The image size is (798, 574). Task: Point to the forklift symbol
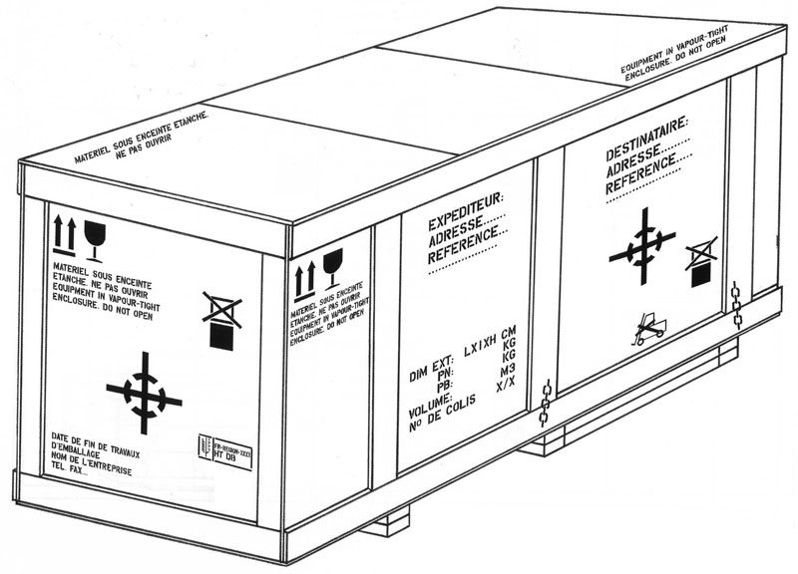click(648, 329)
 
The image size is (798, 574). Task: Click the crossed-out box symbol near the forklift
click(701, 257)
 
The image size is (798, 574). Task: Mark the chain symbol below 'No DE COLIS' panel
click(545, 404)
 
